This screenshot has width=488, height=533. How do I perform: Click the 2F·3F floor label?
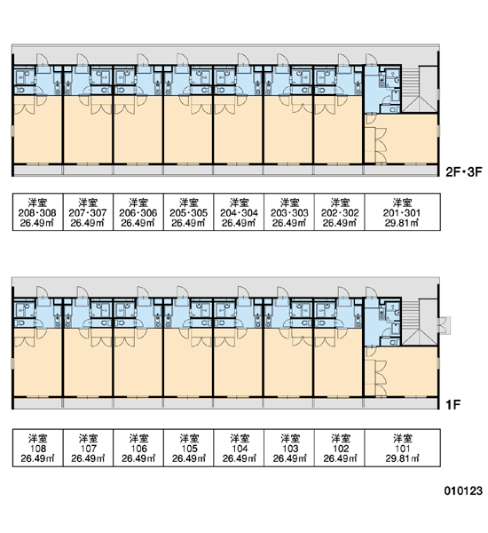(463, 172)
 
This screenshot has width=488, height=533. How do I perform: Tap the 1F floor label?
(453, 404)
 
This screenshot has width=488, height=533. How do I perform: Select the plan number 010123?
(463, 490)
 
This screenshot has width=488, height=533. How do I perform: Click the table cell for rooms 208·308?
(37, 212)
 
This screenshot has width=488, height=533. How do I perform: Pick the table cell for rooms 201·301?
(403, 212)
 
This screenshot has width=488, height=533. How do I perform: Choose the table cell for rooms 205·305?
(188, 212)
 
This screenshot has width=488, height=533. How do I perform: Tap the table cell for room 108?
(37, 448)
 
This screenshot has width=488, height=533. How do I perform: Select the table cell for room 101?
(403, 448)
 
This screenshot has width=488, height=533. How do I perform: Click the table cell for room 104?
(239, 448)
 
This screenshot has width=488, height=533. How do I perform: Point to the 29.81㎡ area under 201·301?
(402, 223)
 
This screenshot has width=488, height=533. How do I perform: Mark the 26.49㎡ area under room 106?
(138, 458)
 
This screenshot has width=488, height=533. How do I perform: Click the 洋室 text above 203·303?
(289, 203)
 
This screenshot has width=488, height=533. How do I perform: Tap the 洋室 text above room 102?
(340, 438)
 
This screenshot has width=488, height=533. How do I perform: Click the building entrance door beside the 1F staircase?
(444, 325)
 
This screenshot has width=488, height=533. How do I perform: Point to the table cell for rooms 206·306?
(138, 212)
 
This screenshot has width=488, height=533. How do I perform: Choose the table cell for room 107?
(88, 448)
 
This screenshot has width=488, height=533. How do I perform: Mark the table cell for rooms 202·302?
(340, 212)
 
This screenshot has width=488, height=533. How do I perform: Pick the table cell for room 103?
(289, 448)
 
